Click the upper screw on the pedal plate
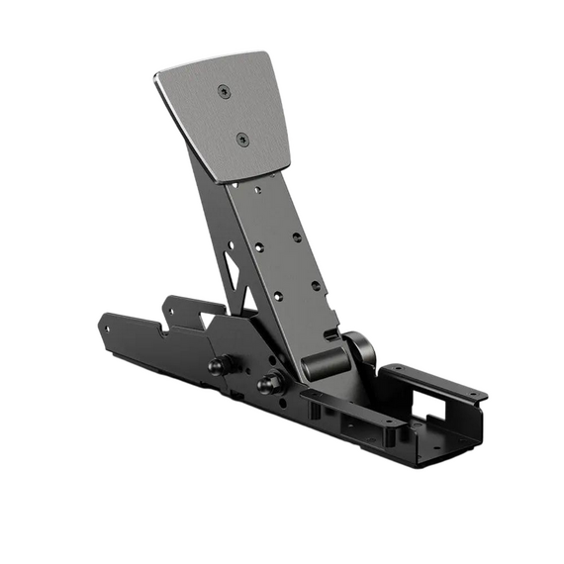[223, 91]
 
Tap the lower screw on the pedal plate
[240, 140]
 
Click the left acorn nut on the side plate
[215, 365]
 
